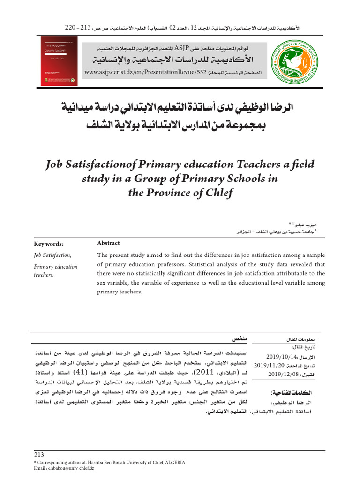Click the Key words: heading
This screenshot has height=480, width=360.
[x=49, y=244]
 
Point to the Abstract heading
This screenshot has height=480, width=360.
[x=108, y=243]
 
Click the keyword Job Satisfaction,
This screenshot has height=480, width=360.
[x=52, y=255]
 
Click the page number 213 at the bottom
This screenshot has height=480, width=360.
[x=39, y=455]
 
